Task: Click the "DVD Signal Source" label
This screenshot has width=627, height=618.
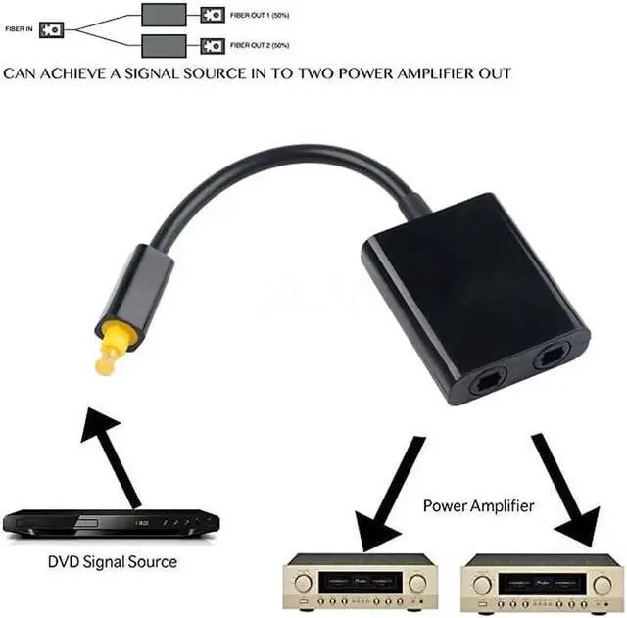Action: [x=113, y=562]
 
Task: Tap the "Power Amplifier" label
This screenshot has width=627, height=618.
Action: [x=478, y=506]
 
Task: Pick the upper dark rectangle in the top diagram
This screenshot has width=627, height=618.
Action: [x=164, y=15]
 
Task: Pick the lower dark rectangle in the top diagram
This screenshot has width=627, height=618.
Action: [x=164, y=45]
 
